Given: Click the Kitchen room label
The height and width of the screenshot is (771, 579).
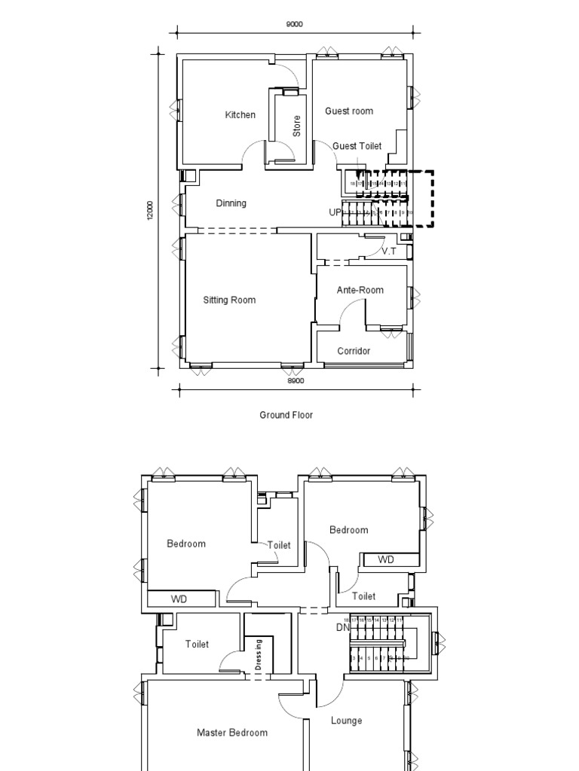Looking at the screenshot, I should [240, 115].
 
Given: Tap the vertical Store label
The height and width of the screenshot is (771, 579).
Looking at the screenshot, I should [297, 125].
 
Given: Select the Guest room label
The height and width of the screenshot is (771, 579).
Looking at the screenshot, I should [349, 111].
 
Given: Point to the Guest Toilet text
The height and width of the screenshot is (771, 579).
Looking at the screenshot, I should [357, 146].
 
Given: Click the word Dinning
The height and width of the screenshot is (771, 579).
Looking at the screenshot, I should [231, 203].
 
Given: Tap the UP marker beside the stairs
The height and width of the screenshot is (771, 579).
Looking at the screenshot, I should [335, 212].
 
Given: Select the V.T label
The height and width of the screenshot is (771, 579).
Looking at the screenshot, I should [388, 251].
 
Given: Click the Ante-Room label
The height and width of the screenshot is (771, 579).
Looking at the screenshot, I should [360, 290].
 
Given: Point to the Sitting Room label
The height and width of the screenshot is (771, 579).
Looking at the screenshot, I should [229, 300].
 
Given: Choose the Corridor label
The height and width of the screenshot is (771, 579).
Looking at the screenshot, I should [354, 351].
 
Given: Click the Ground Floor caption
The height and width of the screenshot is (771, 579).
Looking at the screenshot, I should [286, 415].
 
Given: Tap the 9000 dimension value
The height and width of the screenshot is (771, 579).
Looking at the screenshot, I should [294, 24].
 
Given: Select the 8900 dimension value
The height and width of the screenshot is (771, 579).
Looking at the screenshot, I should [295, 381].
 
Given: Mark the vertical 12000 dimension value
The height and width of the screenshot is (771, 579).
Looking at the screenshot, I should [150, 211].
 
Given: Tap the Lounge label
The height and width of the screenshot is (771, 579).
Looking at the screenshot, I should [346, 721].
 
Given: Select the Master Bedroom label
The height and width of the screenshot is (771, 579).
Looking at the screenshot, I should [232, 733].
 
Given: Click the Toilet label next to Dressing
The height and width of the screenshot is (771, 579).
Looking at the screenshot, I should [198, 644].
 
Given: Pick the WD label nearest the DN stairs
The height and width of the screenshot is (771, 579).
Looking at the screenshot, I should [385, 559].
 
